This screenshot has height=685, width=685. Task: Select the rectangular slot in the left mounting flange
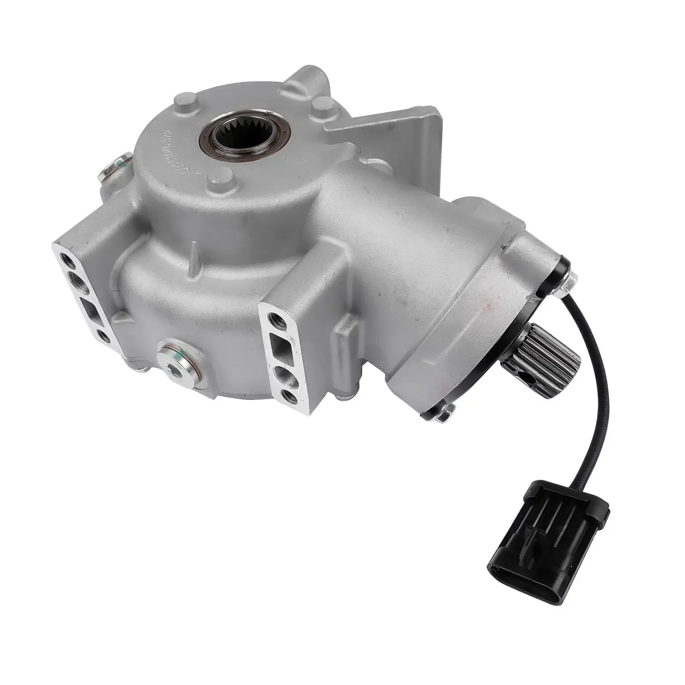click(89, 307)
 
